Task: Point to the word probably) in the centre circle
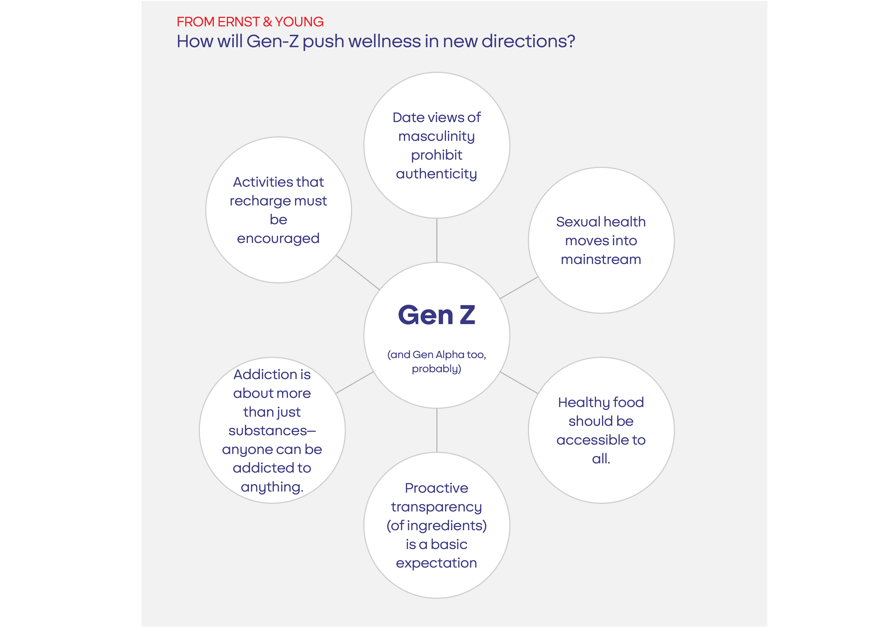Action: coord(436,369)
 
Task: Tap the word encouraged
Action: coord(278,239)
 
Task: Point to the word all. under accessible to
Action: coord(601,459)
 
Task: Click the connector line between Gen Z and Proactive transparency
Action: coord(437,430)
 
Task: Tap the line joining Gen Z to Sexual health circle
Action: coord(519,287)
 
